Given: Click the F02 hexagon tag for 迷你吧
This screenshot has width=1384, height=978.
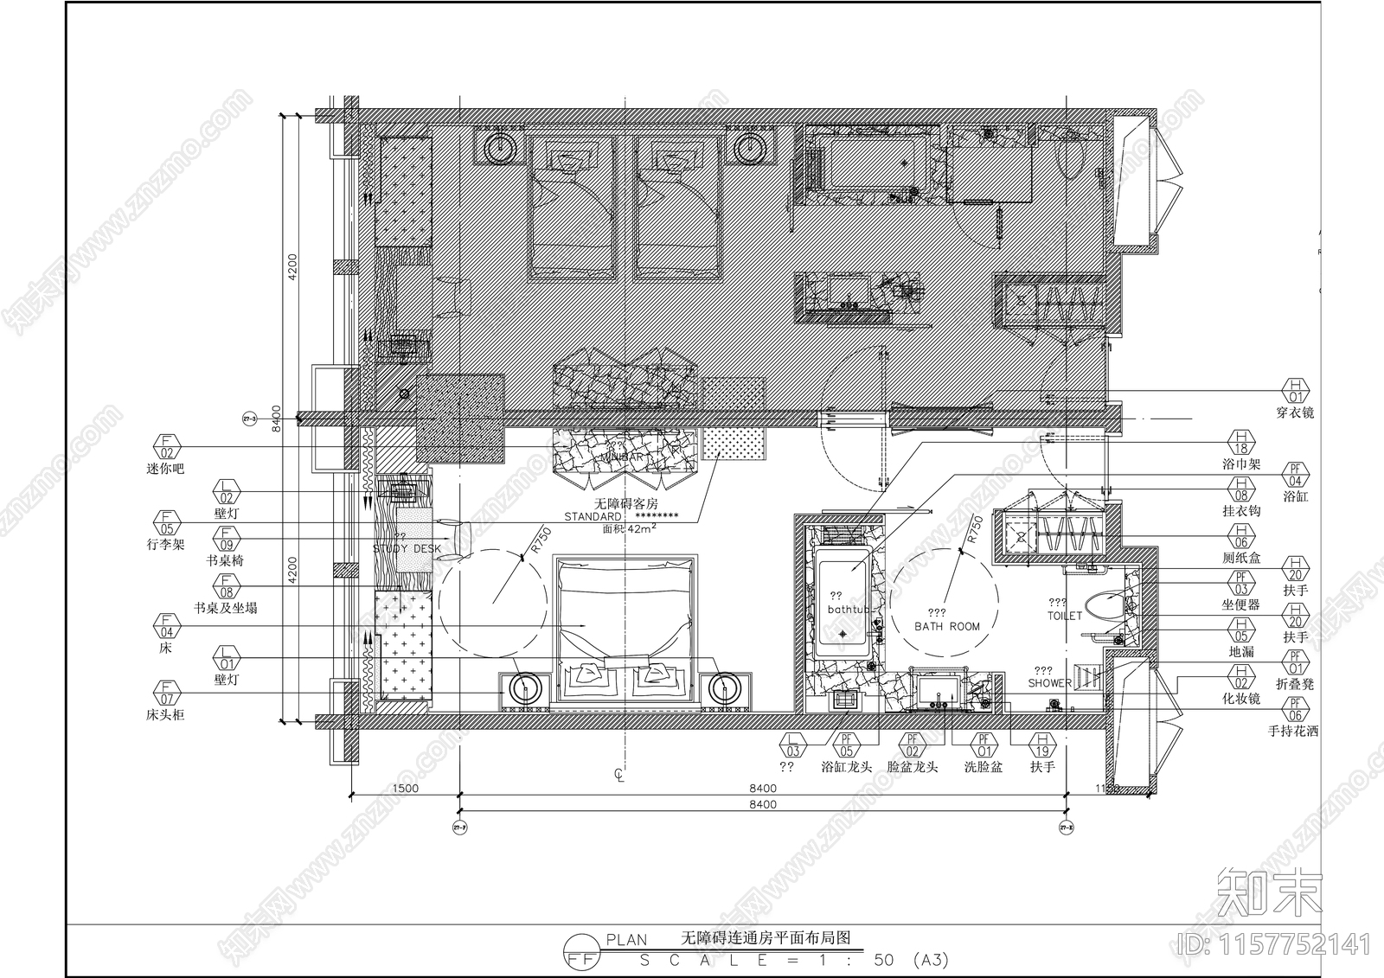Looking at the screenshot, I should (166, 447).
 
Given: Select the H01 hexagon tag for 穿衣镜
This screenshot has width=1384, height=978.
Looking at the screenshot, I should (1295, 391).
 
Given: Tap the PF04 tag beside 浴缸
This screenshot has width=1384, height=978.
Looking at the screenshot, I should (1295, 475).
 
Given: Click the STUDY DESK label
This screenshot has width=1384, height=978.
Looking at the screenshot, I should (407, 549).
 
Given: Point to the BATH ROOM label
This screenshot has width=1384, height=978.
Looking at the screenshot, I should (947, 626).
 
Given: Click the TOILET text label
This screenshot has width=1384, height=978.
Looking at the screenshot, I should (1064, 616).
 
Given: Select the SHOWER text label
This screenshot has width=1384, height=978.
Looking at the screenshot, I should (1049, 683).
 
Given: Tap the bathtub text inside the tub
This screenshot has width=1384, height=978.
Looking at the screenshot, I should (848, 610).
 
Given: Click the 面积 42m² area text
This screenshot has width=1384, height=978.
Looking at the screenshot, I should (629, 529).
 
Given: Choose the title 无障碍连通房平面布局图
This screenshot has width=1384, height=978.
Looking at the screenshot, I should (766, 937).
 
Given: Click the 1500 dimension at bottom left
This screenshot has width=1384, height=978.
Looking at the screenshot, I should (405, 788).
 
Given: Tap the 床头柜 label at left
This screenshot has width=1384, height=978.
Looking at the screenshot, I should (165, 715).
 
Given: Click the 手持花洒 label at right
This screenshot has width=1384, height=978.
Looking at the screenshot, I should (1293, 731).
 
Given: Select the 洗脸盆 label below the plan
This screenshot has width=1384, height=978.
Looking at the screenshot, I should (984, 766).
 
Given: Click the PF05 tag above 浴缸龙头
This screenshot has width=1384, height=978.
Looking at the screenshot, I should (847, 745).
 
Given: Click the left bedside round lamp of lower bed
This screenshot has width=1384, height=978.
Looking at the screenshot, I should (524, 689).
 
